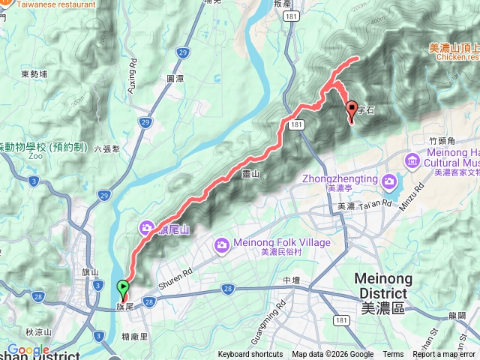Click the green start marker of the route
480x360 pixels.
pos(122,286)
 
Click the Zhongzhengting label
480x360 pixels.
pos(340,179)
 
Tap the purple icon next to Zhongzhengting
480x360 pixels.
pos(388,181)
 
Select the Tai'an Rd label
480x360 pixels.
pos(375,204)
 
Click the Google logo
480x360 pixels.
pos(28,350)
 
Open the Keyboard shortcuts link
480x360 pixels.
pos(250,355)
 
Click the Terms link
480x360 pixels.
pos(393,355)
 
